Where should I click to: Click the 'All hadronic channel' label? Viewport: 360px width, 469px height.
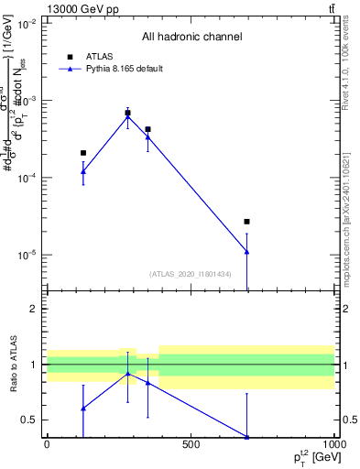pyautogui.click(x=191, y=38)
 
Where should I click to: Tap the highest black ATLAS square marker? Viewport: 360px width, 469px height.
pyautogui.click(x=127, y=113)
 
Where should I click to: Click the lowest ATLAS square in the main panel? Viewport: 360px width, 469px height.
pyautogui.click(x=247, y=222)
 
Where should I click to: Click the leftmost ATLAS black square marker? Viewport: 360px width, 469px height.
pyautogui.click(x=83, y=153)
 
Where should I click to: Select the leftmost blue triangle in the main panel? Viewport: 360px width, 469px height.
pyautogui.click(x=83, y=171)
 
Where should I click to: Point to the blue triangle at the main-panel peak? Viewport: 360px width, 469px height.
pyautogui.click(x=127, y=116)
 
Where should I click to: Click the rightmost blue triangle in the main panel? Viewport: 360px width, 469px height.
pyautogui.click(x=247, y=251)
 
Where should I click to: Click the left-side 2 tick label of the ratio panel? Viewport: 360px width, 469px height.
pyautogui.click(x=34, y=310)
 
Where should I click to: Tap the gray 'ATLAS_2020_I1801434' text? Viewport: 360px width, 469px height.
pyautogui.click(x=191, y=274)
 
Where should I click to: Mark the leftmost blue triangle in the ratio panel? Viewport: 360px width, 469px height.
pyautogui.click(x=83, y=408)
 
